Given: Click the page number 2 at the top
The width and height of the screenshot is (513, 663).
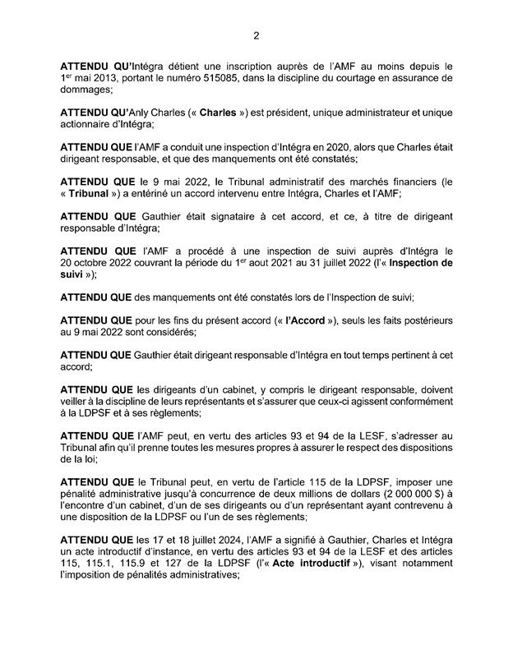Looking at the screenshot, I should (x=256, y=35).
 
